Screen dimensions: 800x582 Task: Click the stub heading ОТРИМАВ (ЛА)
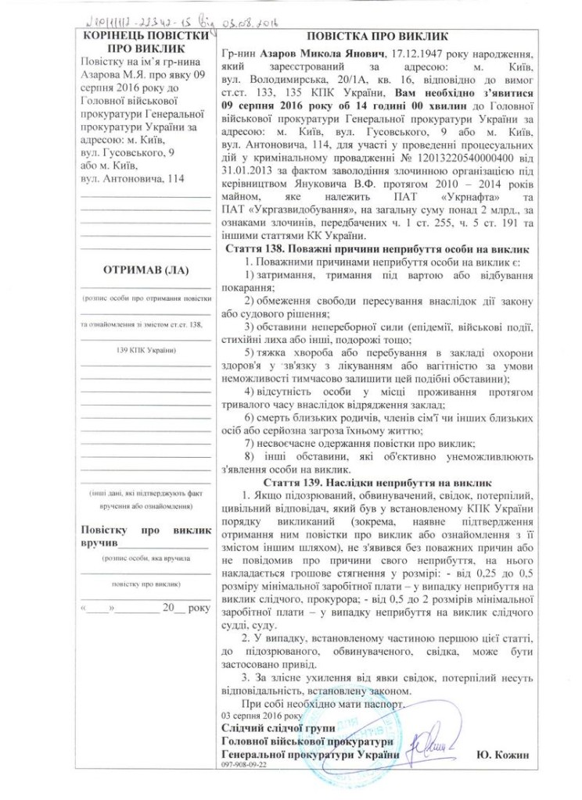pyautogui.click(x=145, y=270)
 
